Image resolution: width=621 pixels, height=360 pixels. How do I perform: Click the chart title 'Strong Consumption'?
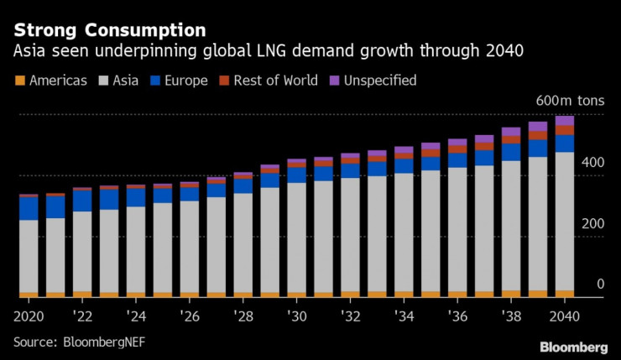[x=109, y=30]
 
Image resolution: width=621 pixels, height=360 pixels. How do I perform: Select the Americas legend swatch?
[x=19, y=81]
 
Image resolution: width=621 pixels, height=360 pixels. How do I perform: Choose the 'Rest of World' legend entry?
[x=269, y=81]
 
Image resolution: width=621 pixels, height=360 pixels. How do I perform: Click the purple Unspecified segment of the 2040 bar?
[x=564, y=121]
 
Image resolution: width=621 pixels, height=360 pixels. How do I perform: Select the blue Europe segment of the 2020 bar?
[x=29, y=208]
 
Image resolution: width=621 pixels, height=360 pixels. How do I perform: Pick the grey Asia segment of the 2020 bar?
[x=29, y=256]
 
